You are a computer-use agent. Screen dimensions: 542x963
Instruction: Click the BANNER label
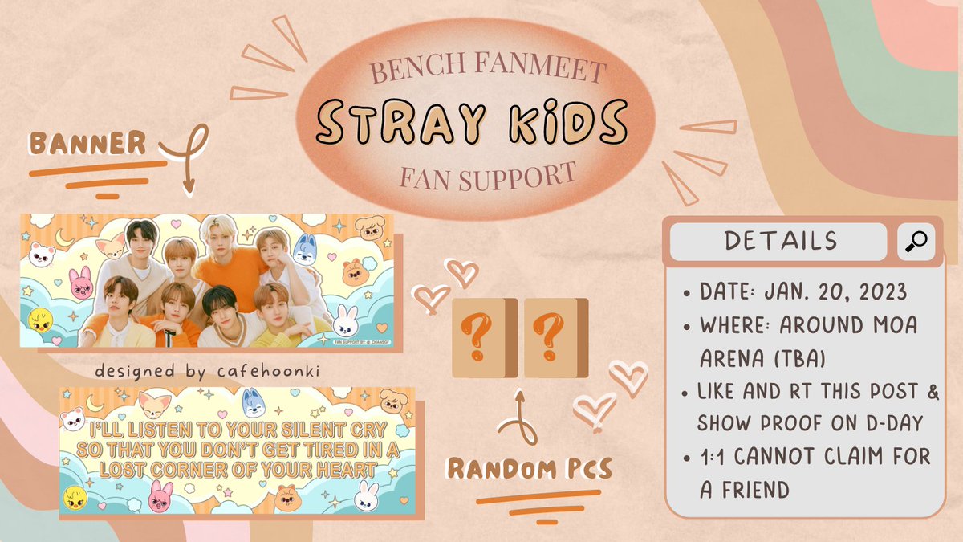pos(88,143)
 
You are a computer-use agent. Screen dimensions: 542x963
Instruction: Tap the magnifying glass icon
pos(916,241)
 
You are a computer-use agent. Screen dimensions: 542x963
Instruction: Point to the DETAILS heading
pos(780,241)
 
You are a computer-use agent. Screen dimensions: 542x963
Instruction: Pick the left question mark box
pos(479,338)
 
